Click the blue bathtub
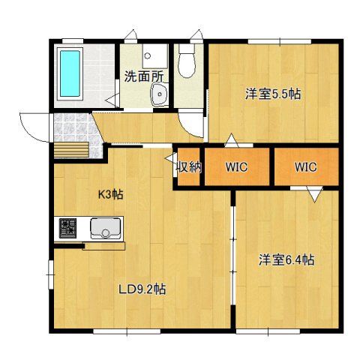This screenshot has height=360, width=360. pyautogui.click(x=70, y=73)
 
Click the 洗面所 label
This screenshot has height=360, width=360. pyautogui.click(x=144, y=76)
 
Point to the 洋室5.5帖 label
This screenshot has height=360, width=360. pyautogui.click(x=273, y=94)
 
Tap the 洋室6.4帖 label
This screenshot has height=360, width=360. pyautogui.click(x=286, y=260)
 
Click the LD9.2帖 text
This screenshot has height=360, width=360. pyautogui.click(x=142, y=289)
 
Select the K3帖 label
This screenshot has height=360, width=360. pyautogui.click(x=110, y=194)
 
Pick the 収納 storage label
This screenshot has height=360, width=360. pyautogui.click(x=189, y=166)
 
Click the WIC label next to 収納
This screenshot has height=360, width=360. pyautogui.click(x=237, y=166)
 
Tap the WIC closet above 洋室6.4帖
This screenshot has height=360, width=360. pyautogui.click(x=306, y=166)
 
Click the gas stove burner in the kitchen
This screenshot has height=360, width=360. pyautogui.click(x=67, y=228)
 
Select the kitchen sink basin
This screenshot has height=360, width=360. pyautogui.click(x=106, y=228)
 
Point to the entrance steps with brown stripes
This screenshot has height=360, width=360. pyautogui.click(x=71, y=150)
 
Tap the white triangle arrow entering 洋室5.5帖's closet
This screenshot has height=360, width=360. pyautogui.click(x=231, y=140)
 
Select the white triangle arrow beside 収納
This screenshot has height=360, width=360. pyautogui.click(x=171, y=158)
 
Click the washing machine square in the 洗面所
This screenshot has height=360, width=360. pyautogui.click(x=154, y=56)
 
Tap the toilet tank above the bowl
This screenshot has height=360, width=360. pyautogui.click(x=187, y=49)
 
